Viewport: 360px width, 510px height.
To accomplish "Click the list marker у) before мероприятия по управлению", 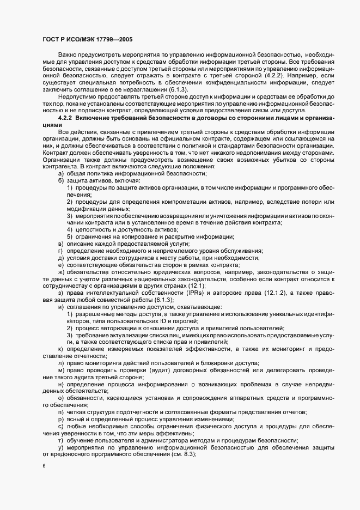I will (x=60, y=447).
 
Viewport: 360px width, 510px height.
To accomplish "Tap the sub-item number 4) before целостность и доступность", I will (x=70, y=230).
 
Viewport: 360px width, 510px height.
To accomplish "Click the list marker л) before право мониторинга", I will (x=60, y=363).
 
